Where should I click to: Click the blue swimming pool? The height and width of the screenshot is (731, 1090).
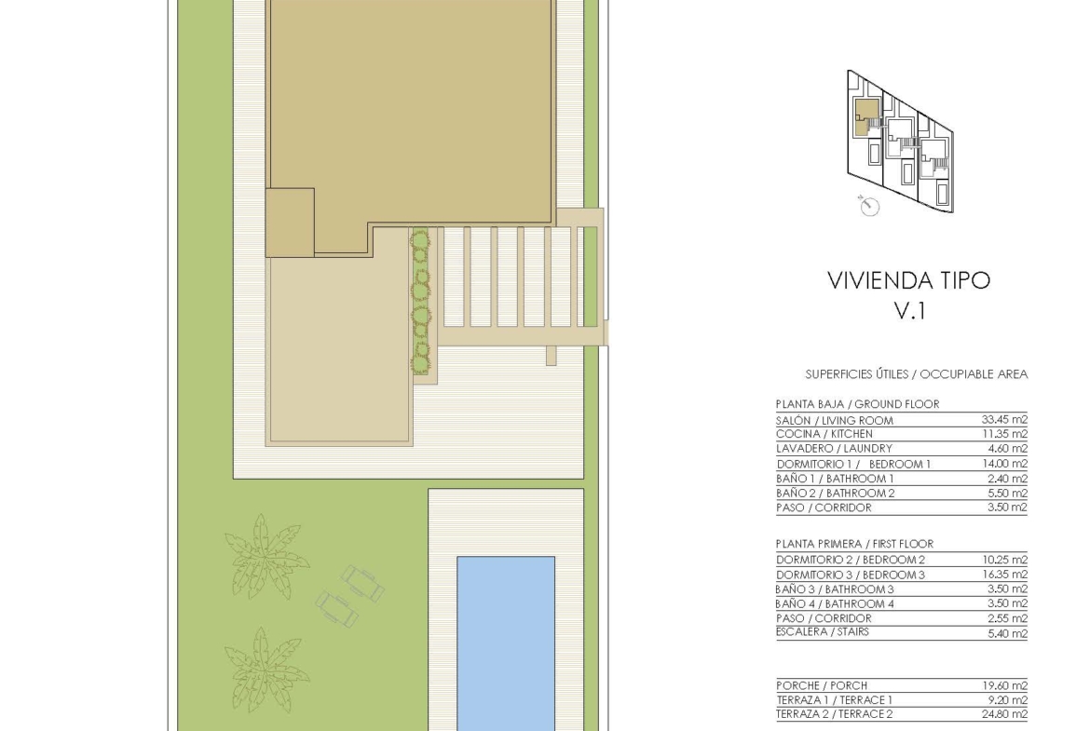(505, 643)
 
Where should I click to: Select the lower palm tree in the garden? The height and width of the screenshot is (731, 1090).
(266, 670)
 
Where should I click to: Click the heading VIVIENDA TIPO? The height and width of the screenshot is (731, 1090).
(908, 280)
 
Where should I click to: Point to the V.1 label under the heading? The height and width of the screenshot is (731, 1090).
(909, 311)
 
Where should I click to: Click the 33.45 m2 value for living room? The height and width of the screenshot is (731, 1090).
(1003, 419)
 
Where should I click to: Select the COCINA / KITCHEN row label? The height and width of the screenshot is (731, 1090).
(824, 434)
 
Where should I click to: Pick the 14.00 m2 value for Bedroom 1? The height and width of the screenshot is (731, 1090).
(1004, 464)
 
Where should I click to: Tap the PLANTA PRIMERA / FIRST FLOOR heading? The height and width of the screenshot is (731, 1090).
(854, 544)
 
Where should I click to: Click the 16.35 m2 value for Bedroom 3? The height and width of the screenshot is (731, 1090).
(1004, 574)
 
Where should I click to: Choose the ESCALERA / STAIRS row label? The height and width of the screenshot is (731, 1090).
(823, 631)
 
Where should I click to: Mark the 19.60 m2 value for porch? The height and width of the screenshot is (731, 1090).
(1004, 685)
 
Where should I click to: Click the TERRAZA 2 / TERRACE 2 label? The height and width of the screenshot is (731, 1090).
(834, 713)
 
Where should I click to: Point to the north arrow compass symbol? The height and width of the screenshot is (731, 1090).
(869, 205)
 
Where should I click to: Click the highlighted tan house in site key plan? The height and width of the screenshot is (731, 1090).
(866, 115)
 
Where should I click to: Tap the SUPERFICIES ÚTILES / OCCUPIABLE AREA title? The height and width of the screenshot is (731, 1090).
(916, 373)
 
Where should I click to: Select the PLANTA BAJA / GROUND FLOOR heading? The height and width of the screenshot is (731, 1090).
(857, 404)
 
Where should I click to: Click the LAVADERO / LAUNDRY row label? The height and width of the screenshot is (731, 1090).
(834, 448)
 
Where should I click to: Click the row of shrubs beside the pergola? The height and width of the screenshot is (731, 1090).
(420, 303)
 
